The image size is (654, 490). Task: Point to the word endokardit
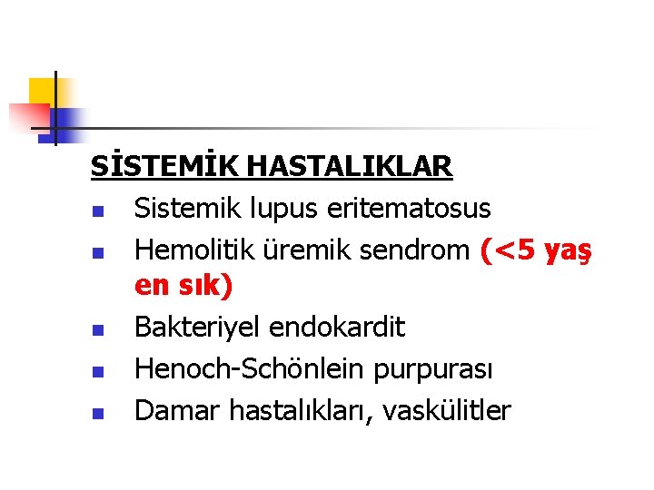pyautogui.click(x=345, y=328)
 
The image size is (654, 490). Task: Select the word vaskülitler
pyautogui.click(x=447, y=411)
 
